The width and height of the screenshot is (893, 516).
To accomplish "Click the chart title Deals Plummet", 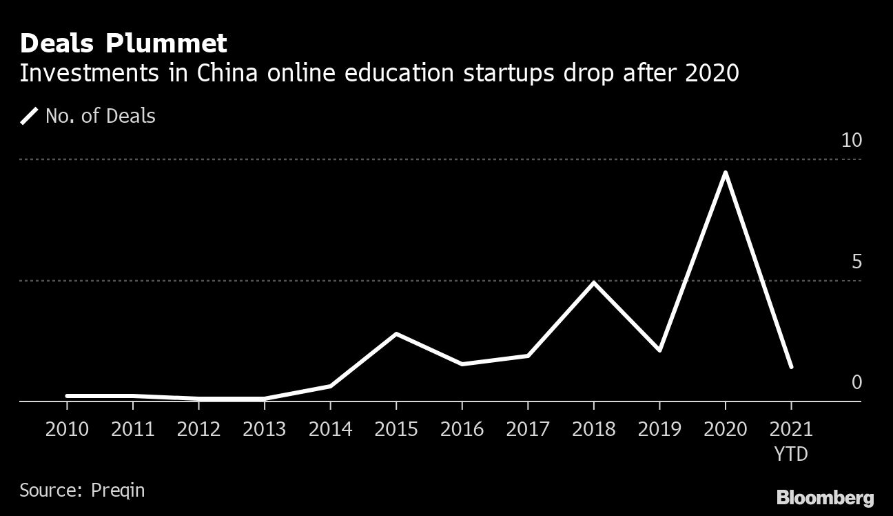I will [x=123, y=43].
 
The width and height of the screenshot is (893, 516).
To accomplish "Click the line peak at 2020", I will [x=725, y=172].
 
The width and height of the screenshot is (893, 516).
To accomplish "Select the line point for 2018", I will [x=593, y=282].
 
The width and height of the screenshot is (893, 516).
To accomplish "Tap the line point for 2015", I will [x=396, y=334].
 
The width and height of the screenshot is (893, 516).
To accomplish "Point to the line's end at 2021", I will [x=791, y=366].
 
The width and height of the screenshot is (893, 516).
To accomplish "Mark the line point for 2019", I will [x=659, y=350].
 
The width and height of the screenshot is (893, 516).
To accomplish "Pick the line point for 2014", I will [x=330, y=386].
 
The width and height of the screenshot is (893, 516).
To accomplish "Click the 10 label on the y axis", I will [x=852, y=141].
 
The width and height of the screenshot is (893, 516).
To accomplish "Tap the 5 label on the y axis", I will [x=856, y=262].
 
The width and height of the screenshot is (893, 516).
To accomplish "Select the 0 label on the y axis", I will [x=856, y=382].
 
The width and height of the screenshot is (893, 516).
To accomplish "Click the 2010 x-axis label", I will [x=67, y=429].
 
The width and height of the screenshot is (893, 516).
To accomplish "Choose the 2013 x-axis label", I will [x=265, y=429].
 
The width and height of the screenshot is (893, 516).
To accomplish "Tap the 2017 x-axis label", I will [x=528, y=429].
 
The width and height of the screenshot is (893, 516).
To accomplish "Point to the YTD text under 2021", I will [x=791, y=455].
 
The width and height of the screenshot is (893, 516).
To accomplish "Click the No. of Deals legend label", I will [x=101, y=116].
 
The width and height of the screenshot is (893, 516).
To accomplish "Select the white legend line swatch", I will [x=30, y=116].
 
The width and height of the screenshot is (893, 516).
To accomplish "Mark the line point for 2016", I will [x=462, y=364].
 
